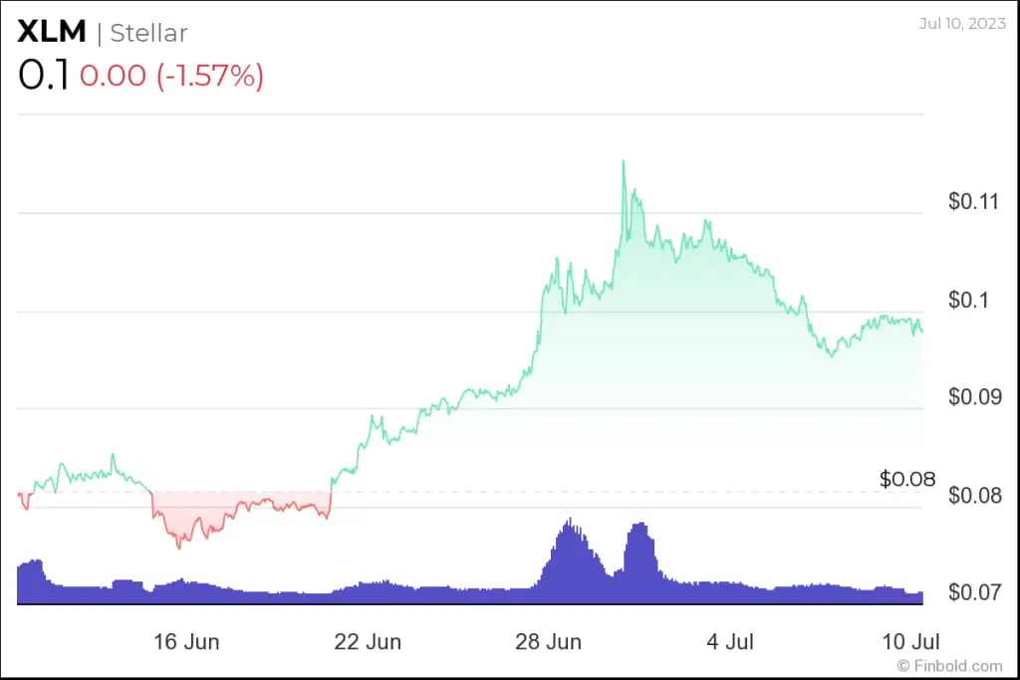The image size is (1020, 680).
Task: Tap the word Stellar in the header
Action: tap(148, 33)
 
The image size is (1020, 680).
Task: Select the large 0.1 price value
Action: tap(43, 77)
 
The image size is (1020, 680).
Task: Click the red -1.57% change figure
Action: tap(210, 77)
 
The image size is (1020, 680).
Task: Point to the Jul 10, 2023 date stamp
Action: tap(961, 22)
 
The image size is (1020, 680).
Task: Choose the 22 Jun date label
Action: tap(368, 640)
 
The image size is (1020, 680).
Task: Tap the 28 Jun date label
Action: tap(549, 640)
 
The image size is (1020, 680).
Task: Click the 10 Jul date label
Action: tap(911, 640)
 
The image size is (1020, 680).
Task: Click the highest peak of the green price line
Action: tap(624, 160)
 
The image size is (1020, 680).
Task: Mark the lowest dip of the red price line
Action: tap(179, 548)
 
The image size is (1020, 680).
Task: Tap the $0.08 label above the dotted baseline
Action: tap(907, 479)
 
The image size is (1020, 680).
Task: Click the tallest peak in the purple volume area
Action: tap(570, 519)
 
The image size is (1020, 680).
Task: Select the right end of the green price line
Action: tap(922, 332)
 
